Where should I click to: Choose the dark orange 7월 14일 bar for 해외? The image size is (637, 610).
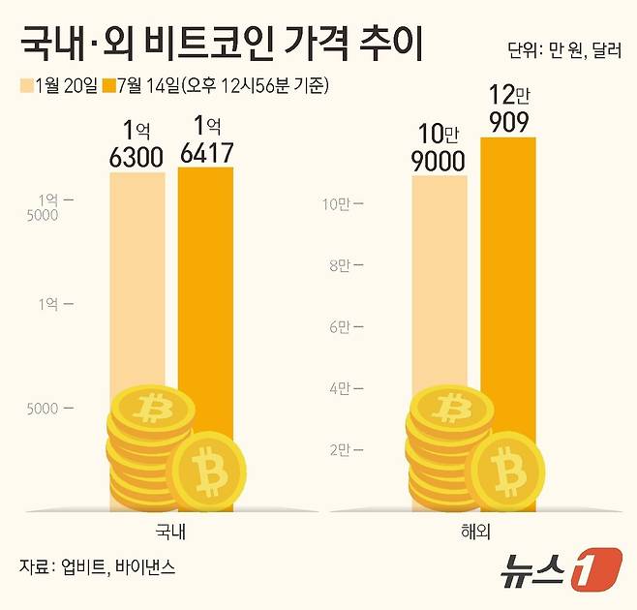click(x=507, y=290)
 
